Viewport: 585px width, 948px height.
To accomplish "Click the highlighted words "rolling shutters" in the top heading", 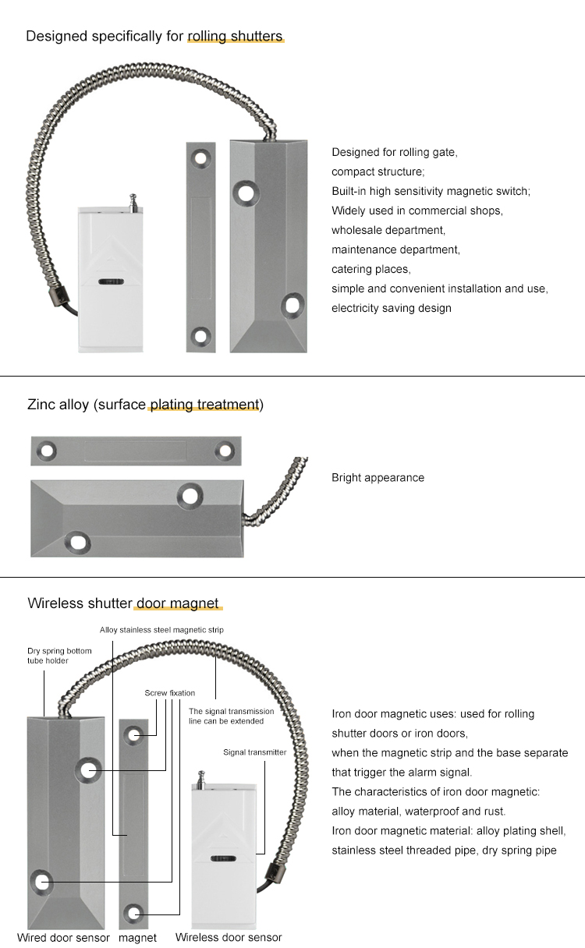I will [x=235, y=37].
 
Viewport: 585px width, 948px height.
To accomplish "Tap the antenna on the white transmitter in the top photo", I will [x=131, y=201].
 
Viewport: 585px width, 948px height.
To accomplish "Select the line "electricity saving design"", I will [x=391, y=308].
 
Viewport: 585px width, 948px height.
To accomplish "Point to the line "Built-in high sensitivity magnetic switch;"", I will [x=431, y=191].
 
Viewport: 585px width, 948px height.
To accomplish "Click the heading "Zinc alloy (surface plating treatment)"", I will [x=145, y=405].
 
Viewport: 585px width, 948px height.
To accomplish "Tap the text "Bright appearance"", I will [x=378, y=478].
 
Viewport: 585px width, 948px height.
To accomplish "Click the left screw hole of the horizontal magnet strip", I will [x=47, y=450].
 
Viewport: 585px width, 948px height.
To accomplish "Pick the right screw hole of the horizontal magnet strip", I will [x=225, y=450].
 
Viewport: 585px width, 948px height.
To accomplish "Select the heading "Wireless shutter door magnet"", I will [x=123, y=603].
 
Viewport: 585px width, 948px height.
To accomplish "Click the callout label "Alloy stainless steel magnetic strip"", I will [x=161, y=630].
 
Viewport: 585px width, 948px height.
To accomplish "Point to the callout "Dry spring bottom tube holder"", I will [x=59, y=656].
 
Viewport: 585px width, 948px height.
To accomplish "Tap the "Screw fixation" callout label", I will [x=169, y=693].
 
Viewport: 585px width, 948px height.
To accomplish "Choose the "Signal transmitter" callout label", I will [x=254, y=752].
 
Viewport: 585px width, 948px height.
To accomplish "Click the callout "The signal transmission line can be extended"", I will [x=232, y=716].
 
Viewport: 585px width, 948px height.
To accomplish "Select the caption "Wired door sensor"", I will [x=63, y=937].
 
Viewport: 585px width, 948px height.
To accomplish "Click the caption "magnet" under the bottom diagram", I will [x=137, y=938].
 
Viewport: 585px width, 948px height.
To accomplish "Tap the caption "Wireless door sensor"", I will [x=228, y=937].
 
